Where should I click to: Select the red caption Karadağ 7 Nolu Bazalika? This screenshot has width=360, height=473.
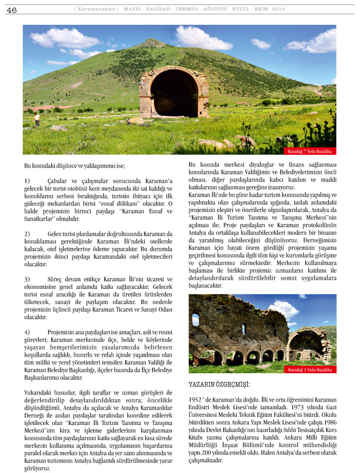(x=309, y=151)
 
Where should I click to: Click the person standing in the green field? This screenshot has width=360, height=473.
(x=36, y=119)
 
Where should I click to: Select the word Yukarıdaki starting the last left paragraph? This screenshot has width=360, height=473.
(x=39, y=393)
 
